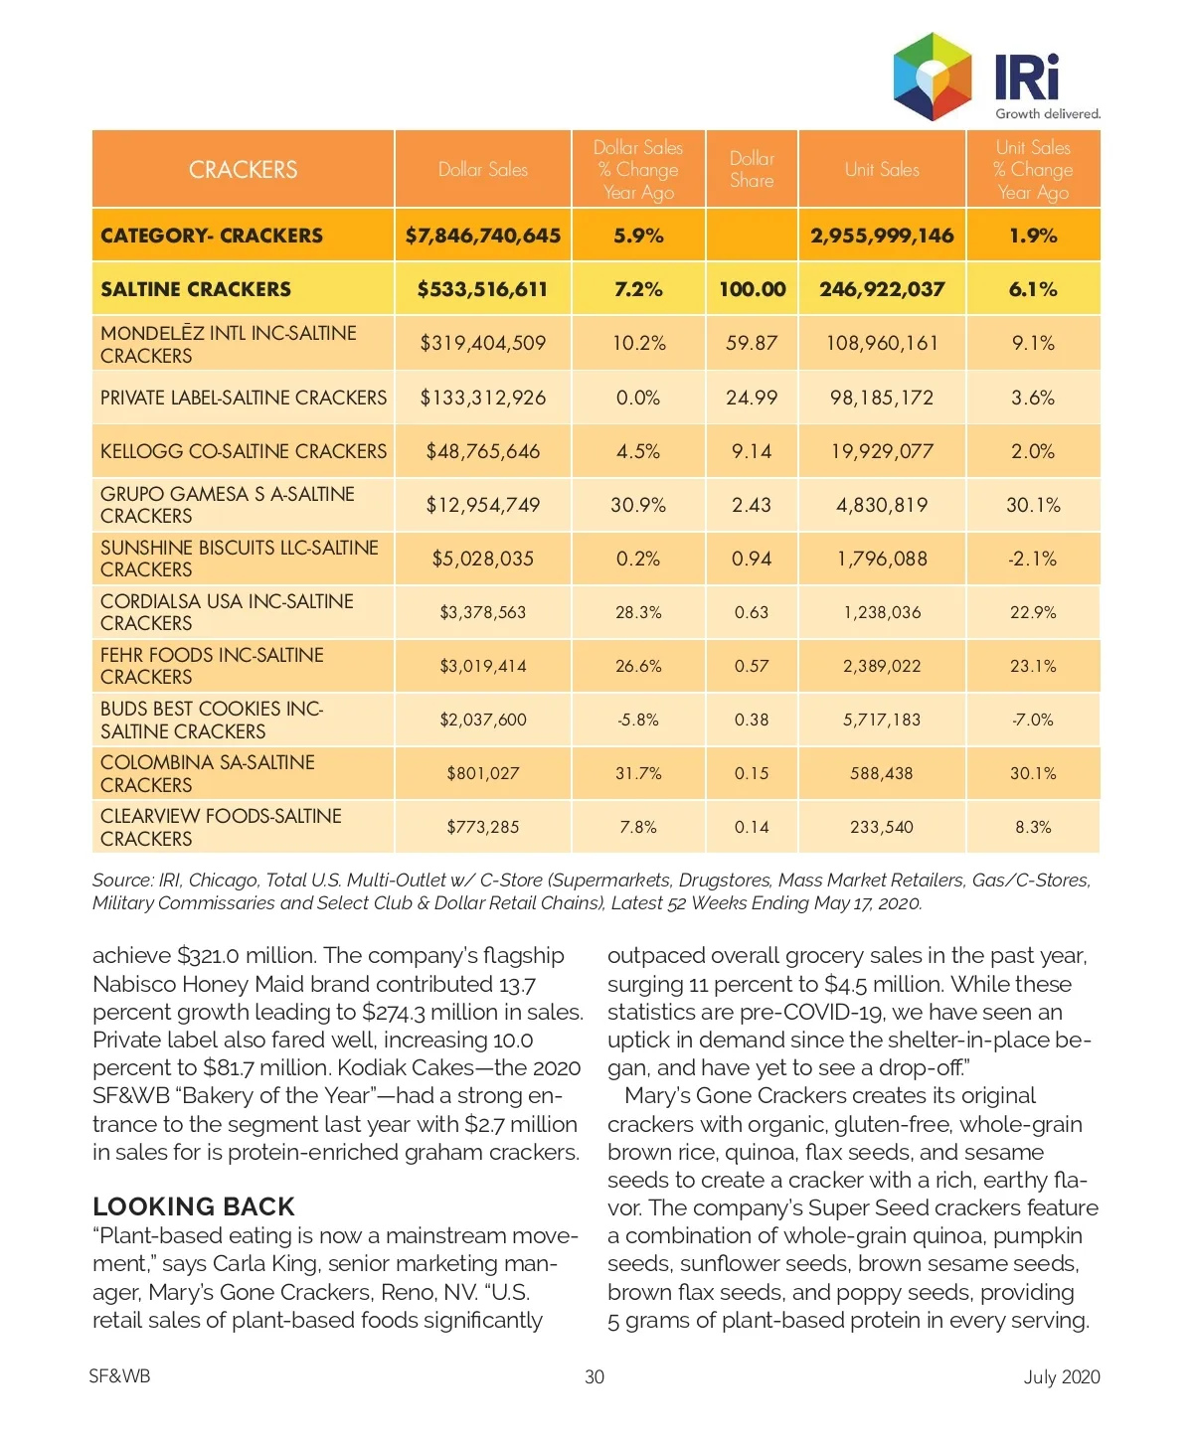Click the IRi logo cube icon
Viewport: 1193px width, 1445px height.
pos(932,77)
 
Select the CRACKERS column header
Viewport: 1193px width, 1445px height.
pos(243,170)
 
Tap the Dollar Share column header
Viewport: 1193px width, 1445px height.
pos(752,170)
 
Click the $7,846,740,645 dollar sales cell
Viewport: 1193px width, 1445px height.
pos(483,236)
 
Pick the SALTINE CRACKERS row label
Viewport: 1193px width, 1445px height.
pos(196,289)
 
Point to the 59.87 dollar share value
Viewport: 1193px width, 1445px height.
pos(752,343)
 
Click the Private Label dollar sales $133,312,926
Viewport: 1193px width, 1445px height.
pos(483,398)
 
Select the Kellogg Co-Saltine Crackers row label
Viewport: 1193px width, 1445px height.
pos(244,451)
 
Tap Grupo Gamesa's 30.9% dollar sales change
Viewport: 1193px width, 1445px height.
pos(638,505)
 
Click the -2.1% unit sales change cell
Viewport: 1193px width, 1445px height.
pos(1033,559)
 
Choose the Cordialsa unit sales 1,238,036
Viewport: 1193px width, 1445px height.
pos(882,612)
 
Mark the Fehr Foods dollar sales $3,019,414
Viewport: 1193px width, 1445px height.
pos(483,666)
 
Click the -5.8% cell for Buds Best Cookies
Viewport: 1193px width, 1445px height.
pos(638,720)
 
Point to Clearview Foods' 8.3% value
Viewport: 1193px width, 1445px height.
pos(1033,827)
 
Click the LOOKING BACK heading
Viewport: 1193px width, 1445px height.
pos(194,1206)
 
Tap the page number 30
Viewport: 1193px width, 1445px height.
pos(595,1376)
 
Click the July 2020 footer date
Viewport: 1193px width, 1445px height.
pos(1062,1376)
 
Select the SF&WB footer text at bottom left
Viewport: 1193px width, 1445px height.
pos(119,1376)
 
